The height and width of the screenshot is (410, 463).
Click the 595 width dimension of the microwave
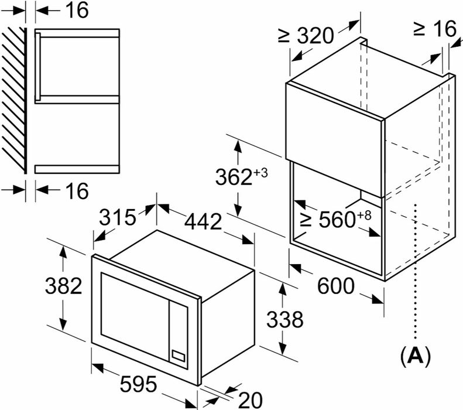pos(138,384)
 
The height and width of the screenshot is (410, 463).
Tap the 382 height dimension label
pos(63,286)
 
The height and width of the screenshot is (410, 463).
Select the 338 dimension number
pos(284,319)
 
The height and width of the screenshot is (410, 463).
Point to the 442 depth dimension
pos(203,221)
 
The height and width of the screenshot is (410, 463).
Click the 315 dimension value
pos(117,217)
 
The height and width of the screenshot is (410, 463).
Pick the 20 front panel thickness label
pos(250,400)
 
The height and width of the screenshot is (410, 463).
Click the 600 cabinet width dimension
pos(336,286)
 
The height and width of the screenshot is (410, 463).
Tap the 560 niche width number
pos(337,219)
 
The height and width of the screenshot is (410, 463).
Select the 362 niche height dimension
pos(234,177)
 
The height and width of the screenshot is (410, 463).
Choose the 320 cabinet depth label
pos(315,36)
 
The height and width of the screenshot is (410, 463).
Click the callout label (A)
pos(416,356)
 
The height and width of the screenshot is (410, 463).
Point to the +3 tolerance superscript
pos(260,172)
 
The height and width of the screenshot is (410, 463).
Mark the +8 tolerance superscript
pos(364,216)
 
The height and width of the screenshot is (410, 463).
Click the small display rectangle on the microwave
pos(178,356)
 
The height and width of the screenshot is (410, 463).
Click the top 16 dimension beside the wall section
pos(77,11)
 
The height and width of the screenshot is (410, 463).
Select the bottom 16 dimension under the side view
pos(77,190)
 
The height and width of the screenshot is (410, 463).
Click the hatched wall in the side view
pos(14,100)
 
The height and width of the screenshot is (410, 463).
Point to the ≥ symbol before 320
pos(284,36)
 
